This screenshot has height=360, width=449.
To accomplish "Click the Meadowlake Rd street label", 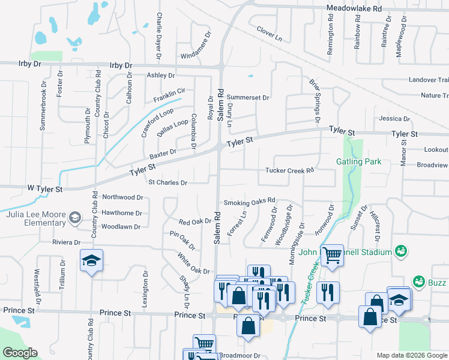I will point(354,9).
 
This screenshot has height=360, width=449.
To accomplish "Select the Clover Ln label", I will point(269,33).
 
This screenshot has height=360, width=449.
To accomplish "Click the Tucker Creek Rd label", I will point(290,170).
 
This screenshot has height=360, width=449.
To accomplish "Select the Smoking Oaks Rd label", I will point(249,201).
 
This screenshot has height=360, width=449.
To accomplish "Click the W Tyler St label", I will point(45,189).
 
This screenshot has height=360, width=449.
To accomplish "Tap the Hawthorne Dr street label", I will point(122,212).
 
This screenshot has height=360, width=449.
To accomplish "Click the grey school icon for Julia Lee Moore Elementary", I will point(75,217).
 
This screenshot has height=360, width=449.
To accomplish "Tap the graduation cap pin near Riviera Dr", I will point(91,260).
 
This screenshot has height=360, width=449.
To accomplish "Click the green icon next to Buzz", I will point(418,281).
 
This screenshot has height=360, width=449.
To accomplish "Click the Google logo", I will point(20,353).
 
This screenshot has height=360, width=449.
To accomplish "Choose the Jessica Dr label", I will point(394,119).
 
